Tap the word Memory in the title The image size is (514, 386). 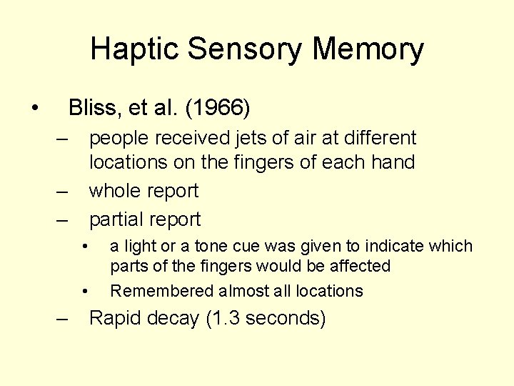tap(368, 50)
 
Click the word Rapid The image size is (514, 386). tap(115, 318)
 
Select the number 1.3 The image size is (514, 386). tap(225, 318)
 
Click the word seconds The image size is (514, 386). tap(284, 318)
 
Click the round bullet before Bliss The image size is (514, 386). tap(34, 108)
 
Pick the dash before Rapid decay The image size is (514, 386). tap(63, 319)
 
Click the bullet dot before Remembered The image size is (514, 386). tap(85, 291)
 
